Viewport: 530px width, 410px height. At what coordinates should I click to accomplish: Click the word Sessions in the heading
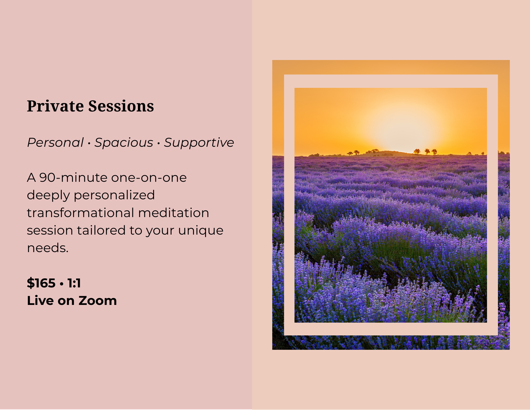tap(121, 106)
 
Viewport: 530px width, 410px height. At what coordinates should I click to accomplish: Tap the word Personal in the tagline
tap(55, 143)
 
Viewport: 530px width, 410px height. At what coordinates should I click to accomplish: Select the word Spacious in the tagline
tap(124, 143)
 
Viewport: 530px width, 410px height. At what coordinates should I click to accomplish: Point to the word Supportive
tap(199, 143)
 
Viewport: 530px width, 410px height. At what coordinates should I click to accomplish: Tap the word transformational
tap(80, 213)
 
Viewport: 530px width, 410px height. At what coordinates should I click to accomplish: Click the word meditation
tap(174, 213)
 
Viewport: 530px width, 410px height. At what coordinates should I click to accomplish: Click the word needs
tap(48, 248)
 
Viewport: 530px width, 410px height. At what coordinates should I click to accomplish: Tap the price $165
tap(41, 283)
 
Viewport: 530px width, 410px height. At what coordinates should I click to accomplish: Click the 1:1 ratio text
tap(74, 283)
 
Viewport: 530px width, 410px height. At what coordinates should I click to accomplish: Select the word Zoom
tap(98, 301)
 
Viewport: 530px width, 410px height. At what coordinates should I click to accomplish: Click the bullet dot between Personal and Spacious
tap(89, 144)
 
